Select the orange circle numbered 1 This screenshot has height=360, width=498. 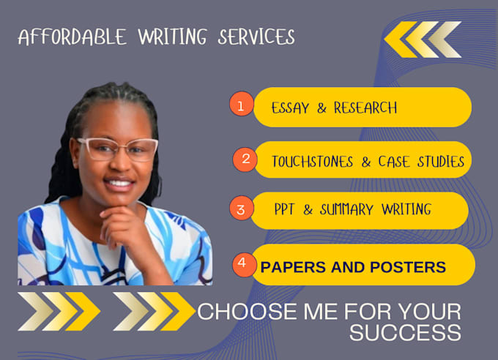pos(240,105)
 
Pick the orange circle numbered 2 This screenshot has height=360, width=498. pos(245,157)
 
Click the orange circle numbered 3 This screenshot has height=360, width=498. pos(241,209)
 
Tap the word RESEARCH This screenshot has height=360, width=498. pos(365,108)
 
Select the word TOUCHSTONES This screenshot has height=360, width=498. pos(312,161)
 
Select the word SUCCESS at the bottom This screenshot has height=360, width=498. pos(405,333)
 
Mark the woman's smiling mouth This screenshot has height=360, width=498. pos(119,184)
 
